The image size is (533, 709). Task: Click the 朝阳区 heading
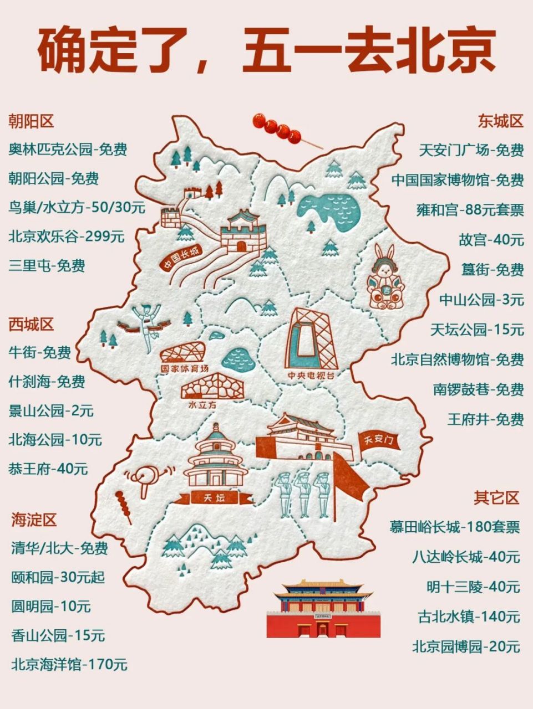pyautogui.click(x=31, y=121)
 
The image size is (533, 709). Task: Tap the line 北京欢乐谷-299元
pyautogui.click(x=67, y=237)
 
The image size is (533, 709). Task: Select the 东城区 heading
pyautogui.click(x=501, y=121)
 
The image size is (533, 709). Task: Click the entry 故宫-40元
pyautogui.click(x=491, y=240)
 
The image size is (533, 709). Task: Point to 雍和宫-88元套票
pyautogui.click(x=470, y=210)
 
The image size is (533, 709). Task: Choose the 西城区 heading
pyautogui.click(x=31, y=324)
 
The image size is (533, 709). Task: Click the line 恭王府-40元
pyautogui.click(x=48, y=469)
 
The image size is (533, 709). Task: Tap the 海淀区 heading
pyautogui.click(x=34, y=520)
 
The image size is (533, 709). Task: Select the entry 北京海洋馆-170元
pyautogui.click(x=69, y=664)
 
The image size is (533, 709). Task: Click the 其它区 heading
pyautogui.click(x=496, y=497)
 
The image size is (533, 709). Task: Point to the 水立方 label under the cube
pyautogui.click(x=202, y=405)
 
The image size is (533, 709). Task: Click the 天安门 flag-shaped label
pyautogui.click(x=380, y=441)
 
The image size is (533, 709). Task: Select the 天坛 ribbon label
pyautogui.click(x=215, y=497)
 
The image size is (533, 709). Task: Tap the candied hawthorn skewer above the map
pyautogui.click(x=279, y=130)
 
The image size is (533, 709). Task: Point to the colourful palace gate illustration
pyautogui.click(x=324, y=609)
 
